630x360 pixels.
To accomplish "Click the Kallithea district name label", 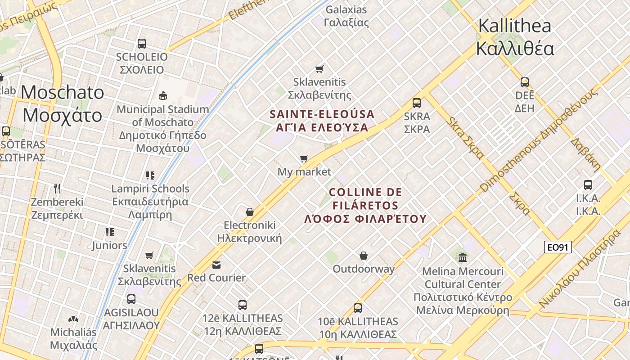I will tap(515, 37).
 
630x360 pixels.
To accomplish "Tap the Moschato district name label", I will tap(63, 104).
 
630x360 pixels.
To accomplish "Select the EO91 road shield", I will tap(558, 247).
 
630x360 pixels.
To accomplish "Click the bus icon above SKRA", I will tap(417, 103).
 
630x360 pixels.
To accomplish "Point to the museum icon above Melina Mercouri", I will tap(463, 257).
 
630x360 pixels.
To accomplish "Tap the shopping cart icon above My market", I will tap(304, 158).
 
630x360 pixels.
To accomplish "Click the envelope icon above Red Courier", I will tap(216, 264).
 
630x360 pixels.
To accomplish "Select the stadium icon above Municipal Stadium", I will tap(163, 95).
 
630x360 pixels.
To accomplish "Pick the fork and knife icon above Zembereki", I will tap(57, 188).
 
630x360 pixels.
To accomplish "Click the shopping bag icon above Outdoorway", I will tap(364, 256).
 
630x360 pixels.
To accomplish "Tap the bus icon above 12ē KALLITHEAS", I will tap(243, 305).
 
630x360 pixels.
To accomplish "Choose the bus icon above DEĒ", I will tap(525, 82).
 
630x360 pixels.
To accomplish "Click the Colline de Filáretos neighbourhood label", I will tap(365, 206).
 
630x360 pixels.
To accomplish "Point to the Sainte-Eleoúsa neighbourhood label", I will tap(322, 121).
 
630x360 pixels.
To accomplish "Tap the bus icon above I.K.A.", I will tap(588, 184).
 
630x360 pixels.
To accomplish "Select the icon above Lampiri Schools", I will tap(150, 175).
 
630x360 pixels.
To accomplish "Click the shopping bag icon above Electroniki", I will tap(250, 211).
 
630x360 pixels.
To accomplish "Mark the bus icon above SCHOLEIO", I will tap(142, 44).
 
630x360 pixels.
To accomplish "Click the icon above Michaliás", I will tap(73, 319).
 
